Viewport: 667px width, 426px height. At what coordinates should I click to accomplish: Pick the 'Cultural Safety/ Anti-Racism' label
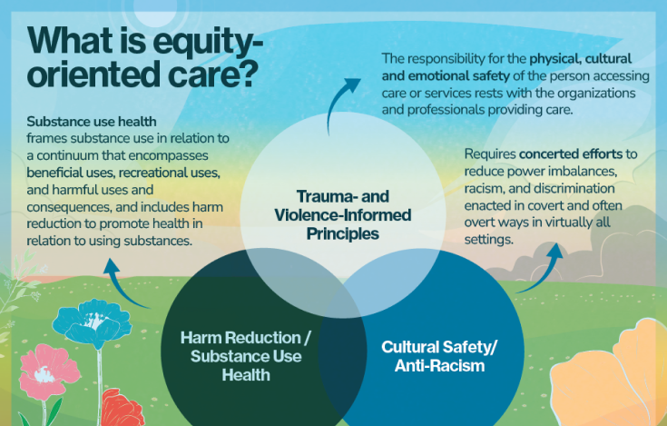(439, 355)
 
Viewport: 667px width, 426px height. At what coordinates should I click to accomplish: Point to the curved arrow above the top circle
(346, 101)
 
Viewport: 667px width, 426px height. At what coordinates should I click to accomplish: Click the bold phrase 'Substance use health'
(92, 121)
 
